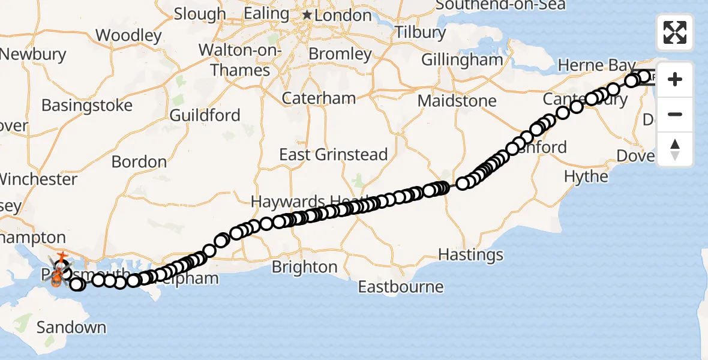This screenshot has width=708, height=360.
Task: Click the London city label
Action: click(343, 16)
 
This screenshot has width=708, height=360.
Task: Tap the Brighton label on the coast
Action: click(305, 266)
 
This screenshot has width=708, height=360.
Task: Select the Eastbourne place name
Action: click(401, 287)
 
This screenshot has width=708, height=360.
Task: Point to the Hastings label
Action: click(471, 255)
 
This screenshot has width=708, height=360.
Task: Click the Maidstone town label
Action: click(457, 101)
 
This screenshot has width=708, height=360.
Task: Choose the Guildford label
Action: click(205, 115)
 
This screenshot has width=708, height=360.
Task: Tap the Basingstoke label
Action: click(87, 106)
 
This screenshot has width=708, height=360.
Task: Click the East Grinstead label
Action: click(334, 155)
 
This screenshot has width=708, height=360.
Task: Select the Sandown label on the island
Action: click(71, 328)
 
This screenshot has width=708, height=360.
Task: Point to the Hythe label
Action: click(586, 176)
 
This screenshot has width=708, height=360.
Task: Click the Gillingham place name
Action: click(462, 60)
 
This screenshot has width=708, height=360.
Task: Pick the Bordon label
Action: click(139, 162)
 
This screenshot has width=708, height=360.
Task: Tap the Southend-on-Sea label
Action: click(500, 5)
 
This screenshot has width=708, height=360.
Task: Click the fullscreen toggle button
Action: click(675, 32)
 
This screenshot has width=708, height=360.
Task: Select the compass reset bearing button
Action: click(675, 149)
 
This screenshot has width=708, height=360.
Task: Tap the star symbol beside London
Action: click(307, 14)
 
